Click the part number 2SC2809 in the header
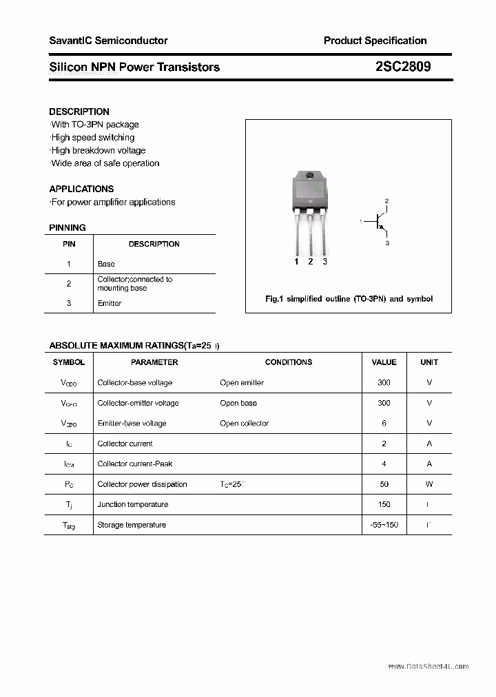click(403, 67)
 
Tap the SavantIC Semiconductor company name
click(108, 41)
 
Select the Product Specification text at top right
click(375, 41)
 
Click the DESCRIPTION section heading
click(79, 112)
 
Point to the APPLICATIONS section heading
click(81, 189)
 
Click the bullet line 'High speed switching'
click(92, 138)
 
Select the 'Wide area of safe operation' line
click(105, 163)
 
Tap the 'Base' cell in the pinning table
click(106, 264)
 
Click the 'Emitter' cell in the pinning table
click(110, 303)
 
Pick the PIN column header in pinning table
click(69, 244)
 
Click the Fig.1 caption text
click(349, 299)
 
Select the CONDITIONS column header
click(288, 362)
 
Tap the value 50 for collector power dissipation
click(384, 484)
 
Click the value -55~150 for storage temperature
click(384, 525)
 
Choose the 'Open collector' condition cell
click(244, 423)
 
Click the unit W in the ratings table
click(429, 484)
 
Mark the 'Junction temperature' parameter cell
click(132, 504)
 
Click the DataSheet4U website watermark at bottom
click(428, 667)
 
